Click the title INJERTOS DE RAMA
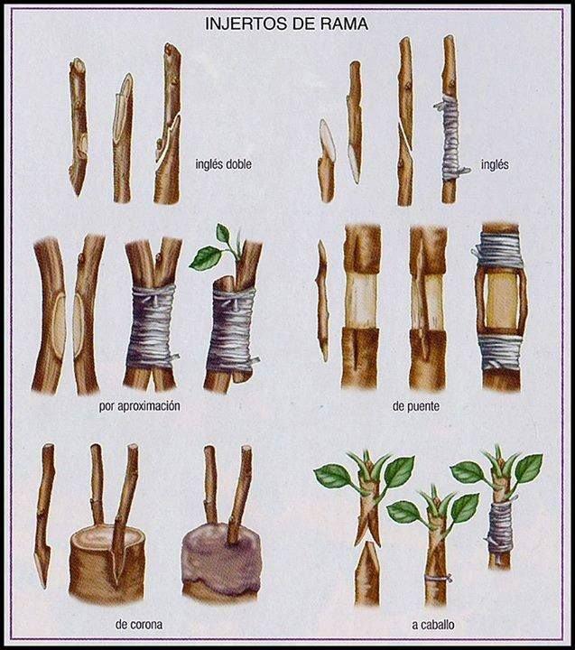286,23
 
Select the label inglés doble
224,164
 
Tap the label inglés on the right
495,164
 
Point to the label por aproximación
140,406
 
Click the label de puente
416,406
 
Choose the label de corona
138,625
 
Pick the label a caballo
433,625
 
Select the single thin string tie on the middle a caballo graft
437,578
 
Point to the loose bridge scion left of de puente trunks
323,301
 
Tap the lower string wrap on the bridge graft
500,351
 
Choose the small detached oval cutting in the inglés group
328,140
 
